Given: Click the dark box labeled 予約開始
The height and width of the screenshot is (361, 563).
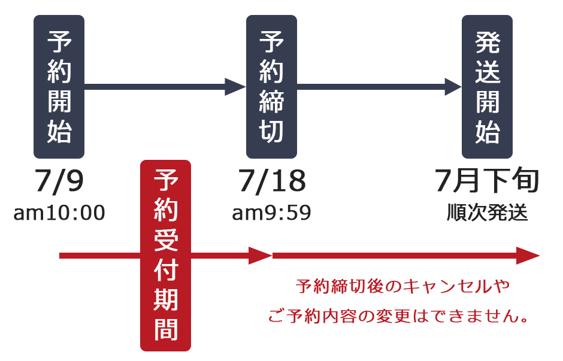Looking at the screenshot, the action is [59, 86].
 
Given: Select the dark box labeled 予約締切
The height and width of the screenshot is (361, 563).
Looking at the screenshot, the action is [271, 86].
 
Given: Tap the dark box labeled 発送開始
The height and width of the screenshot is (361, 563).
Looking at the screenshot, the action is [487, 86].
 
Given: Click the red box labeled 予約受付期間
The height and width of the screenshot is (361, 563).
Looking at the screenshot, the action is [165, 256].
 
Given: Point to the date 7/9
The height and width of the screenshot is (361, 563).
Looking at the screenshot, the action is [59, 181].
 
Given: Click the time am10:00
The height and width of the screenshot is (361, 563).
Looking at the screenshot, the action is [59, 213].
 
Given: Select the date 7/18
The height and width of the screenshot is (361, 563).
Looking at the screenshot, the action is [272, 181].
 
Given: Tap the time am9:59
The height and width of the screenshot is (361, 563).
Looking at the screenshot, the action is [271, 213].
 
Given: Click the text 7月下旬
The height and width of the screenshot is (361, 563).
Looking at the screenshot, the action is [487, 180].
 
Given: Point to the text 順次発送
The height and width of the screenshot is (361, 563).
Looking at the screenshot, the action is [488, 213].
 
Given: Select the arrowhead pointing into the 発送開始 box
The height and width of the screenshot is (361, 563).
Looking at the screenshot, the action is [453, 86].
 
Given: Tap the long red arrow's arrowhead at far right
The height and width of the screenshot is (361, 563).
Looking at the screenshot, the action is [528, 256].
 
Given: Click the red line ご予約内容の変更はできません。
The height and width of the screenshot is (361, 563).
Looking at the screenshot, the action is [398, 316].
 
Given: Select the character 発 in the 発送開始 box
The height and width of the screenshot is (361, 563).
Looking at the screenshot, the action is [488, 43].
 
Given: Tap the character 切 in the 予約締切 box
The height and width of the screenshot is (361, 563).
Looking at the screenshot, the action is [271, 131].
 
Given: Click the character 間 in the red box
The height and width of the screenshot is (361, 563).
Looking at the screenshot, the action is [166, 329].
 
